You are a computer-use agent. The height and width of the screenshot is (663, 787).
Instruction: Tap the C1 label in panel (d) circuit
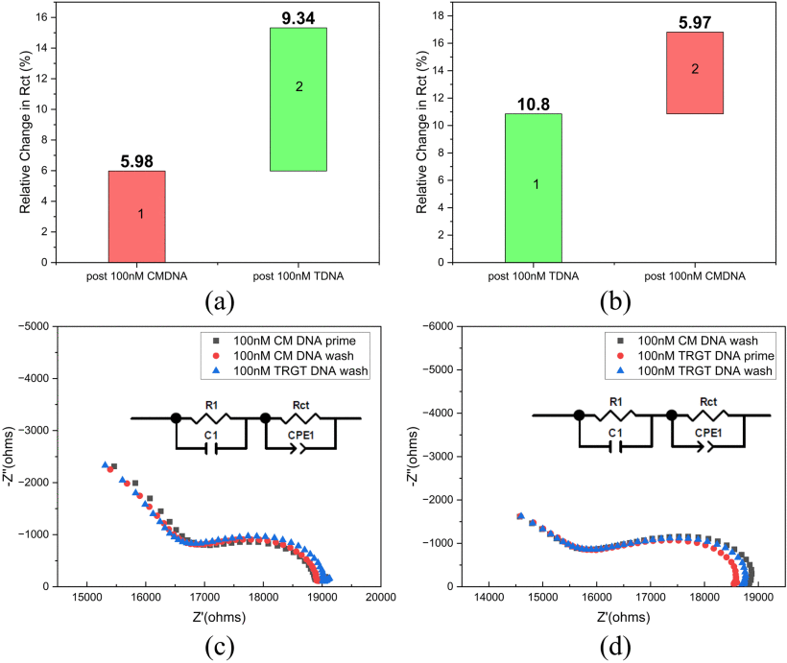[x=615, y=434]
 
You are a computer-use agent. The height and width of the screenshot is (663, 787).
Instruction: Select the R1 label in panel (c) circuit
[x=208, y=403]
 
